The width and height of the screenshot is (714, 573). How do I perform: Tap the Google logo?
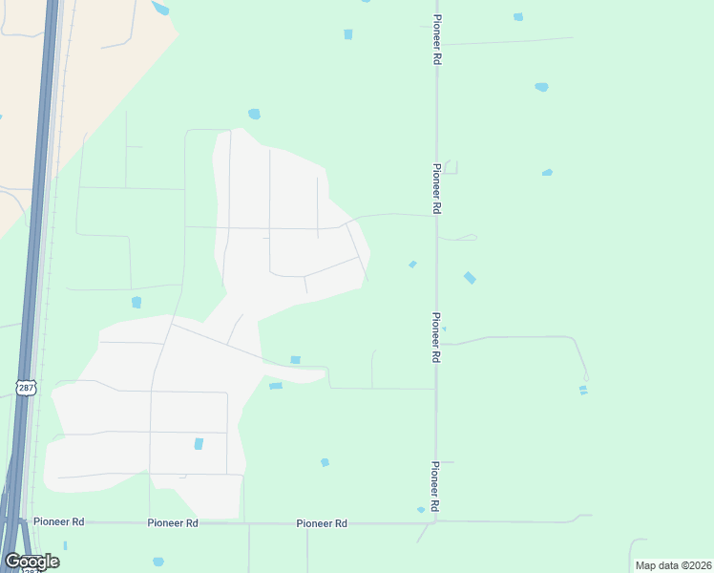(x=31, y=562)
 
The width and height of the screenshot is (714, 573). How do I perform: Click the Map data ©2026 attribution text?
(x=674, y=565)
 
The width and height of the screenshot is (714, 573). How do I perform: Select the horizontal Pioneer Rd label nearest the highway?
(x=59, y=521)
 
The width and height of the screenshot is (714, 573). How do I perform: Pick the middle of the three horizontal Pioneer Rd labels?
(x=173, y=523)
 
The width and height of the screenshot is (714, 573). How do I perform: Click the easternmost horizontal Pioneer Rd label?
(x=322, y=523)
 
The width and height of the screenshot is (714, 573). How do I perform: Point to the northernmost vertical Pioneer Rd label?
(x=436, y=39)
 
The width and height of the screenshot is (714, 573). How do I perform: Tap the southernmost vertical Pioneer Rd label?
(x=435, y=487)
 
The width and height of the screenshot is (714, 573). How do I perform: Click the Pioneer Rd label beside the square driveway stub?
(x=436, y=187)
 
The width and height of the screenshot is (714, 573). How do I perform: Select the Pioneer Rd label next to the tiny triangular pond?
(x=435, y=337)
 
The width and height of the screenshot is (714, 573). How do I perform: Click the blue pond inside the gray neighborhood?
(x=199, y=444)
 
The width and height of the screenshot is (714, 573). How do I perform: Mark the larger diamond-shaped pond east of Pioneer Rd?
(x=470, y=278)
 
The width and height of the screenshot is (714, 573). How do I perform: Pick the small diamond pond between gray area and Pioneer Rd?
(x=412, y=265)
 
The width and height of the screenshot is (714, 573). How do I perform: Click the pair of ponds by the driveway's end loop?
(x=582, y=390)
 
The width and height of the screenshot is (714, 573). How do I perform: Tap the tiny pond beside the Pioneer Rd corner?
(x=421, y=510)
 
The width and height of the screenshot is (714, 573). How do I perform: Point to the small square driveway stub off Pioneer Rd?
(x=450, y=167)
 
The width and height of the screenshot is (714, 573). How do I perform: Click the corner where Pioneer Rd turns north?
(x=436, y=520)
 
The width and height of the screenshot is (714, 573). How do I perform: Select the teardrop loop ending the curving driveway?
(x=586, y=378)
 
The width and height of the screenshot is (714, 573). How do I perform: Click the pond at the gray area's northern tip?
(x=254, y=115)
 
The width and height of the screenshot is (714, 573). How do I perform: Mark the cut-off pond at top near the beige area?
(x=159, y=9)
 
